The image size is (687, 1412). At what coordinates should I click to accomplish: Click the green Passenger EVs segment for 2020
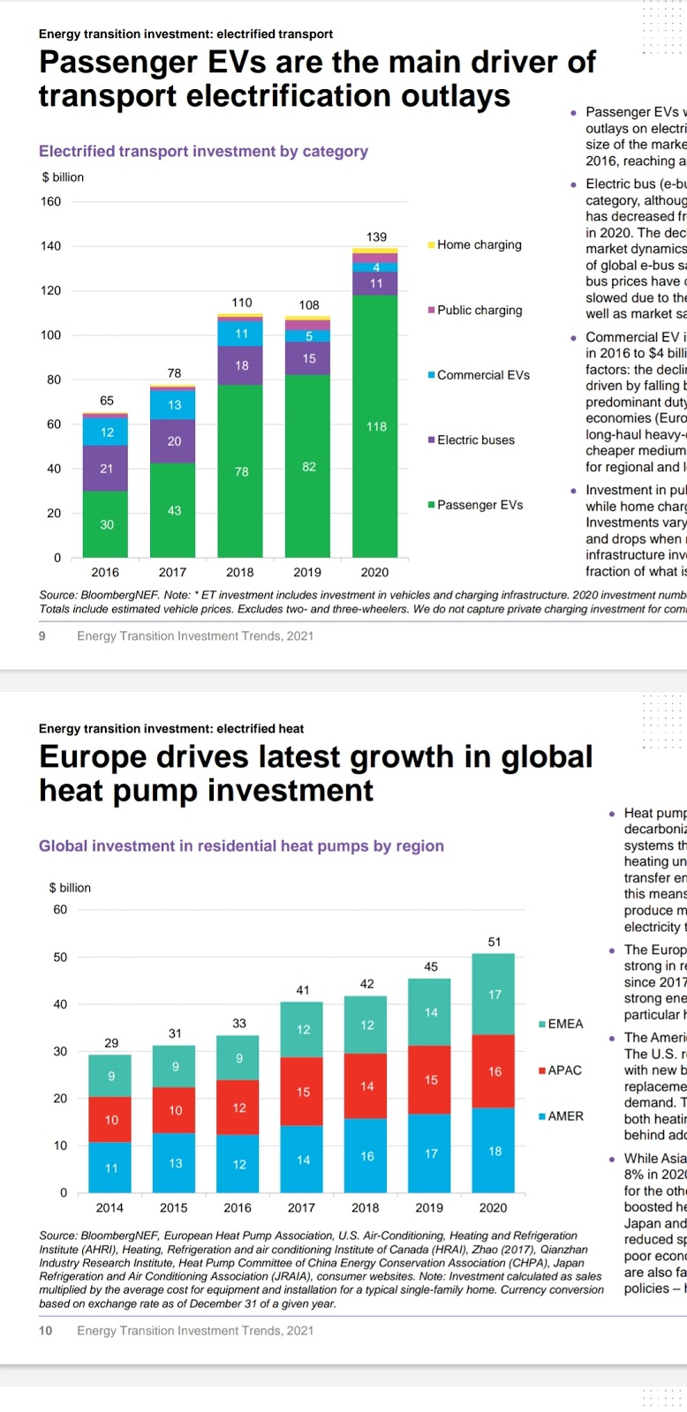(375, 425)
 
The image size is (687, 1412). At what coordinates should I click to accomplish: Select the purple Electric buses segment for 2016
(106, 468)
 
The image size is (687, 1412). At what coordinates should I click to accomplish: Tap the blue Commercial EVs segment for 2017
(174, 404)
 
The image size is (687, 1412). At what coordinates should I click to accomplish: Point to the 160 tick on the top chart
(51, 201)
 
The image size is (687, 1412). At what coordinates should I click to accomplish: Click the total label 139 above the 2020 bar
(376, 237)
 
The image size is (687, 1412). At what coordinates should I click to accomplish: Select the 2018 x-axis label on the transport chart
(240, 572)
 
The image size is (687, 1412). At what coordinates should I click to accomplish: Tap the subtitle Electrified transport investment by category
(203, 151)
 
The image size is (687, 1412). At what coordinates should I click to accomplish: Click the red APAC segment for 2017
(303, 1091)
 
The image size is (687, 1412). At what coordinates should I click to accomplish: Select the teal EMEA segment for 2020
(494, 994)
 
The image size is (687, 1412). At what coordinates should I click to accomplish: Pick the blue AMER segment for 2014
(110, 1167)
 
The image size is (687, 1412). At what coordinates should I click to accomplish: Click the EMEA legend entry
(564, 1024)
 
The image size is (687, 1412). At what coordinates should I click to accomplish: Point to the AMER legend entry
(564, 1115)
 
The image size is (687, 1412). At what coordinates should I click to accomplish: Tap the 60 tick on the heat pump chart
(60, 909)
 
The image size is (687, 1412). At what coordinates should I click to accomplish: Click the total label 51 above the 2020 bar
(494, 942)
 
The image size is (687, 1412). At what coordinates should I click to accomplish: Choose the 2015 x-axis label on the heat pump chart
(174, 1207)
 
